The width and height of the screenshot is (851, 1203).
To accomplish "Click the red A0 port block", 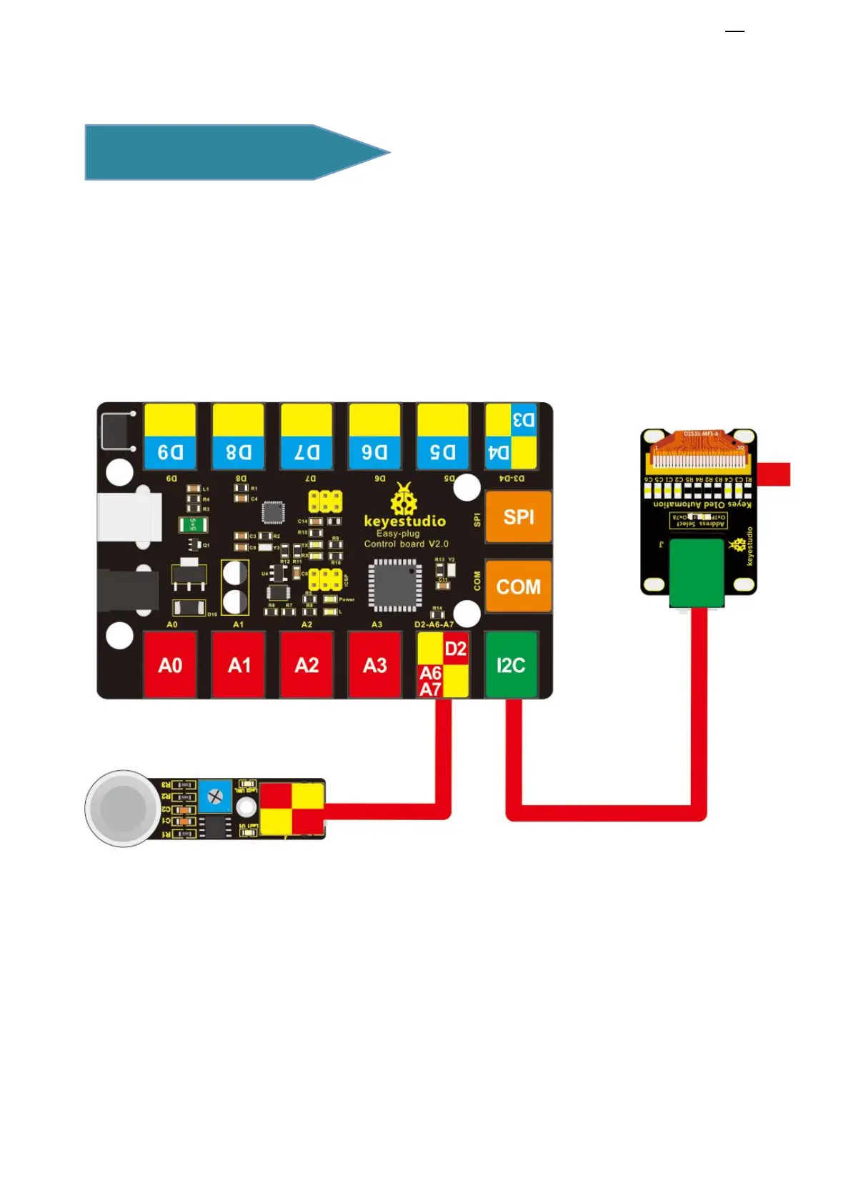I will [170, 664].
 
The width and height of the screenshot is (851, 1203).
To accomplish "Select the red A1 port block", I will [239, 664].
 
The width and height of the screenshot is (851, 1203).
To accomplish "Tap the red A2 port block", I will [307, 664].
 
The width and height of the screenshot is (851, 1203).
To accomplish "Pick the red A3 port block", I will [374, 664].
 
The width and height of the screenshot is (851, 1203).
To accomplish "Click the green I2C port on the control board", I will [510, 664].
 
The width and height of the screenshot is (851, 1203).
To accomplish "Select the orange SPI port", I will [518, 516].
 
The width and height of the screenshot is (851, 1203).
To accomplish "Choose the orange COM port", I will [518, 586].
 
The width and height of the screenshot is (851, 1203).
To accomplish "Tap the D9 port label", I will [170, 452].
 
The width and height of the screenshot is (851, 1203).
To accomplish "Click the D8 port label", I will [239, 452].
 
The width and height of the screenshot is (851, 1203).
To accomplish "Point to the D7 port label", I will [307, 452].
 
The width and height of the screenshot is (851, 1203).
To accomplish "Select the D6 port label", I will [374, 452].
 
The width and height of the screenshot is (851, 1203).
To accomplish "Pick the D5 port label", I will [442, 452].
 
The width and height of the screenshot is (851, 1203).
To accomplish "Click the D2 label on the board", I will [456, 649].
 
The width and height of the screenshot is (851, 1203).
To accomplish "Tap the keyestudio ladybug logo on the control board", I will [404, 499].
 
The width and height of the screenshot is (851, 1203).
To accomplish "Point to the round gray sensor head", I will [124, 809].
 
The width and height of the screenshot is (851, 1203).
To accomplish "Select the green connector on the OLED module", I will [697, 572].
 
